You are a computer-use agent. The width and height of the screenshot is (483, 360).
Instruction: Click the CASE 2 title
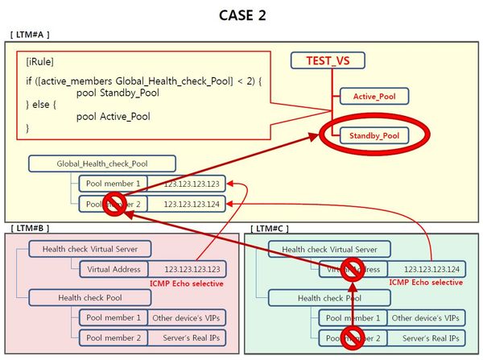click(242, 14)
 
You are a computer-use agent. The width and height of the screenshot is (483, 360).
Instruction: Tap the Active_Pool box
click(374, 97)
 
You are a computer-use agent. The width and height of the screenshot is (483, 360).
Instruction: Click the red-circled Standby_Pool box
click(374, 136)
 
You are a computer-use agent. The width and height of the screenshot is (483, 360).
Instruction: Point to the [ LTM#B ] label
click(29, 230)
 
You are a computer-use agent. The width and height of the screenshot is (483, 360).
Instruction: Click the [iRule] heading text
click(40, 61)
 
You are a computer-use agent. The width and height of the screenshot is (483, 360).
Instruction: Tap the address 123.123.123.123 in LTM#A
click(191, 184)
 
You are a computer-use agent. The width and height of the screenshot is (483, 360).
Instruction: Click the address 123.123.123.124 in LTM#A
click(191, 205)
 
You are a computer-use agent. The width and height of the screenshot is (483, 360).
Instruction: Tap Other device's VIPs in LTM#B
click(193, 317)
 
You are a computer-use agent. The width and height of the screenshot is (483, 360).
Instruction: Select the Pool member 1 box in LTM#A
click(115, 184)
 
